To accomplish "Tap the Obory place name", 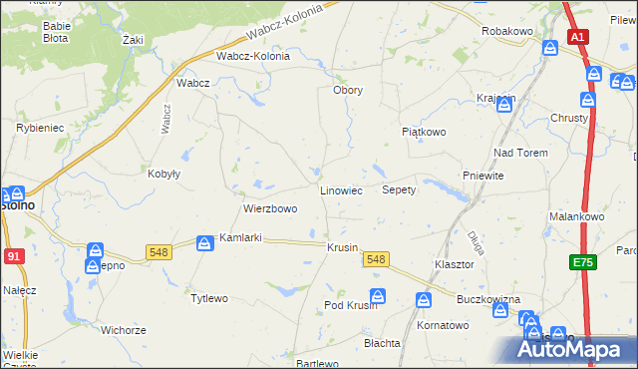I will pos(347,90).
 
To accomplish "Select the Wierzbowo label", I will pos(270,209).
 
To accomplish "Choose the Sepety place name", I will pos(399,189).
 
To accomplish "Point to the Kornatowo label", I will pos(443,325).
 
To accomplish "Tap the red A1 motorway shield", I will pos(578,37).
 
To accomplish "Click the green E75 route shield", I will pos(582,262).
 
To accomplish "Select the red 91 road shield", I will pos(12,255).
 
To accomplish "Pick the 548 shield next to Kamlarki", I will pos(159,251).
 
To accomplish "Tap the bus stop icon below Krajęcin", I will pos(504,107).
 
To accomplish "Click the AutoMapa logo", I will pos(577,349).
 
